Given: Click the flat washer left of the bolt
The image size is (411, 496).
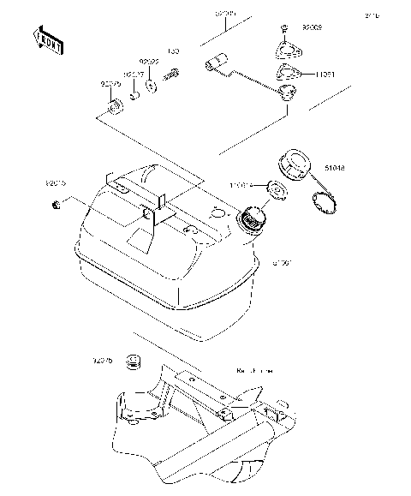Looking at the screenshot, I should [152, 85].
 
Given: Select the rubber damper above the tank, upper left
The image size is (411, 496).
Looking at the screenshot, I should [113, 108].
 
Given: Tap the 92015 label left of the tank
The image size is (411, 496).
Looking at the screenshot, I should [55, 183].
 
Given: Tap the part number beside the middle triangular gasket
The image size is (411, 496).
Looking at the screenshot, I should [324, 74].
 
